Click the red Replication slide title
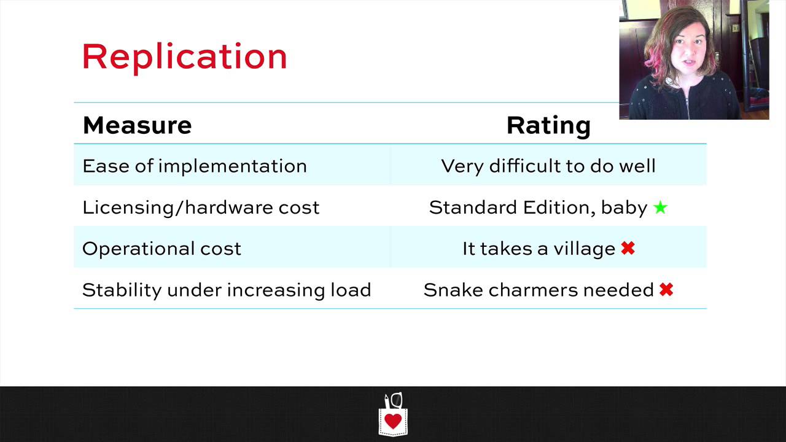185,58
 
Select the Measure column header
137,125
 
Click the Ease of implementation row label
195,166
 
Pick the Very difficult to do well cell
548,166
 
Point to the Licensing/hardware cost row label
201,207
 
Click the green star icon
660,207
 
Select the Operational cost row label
161,249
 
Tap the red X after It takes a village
628,249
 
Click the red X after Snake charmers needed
666,290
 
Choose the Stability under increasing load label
227,290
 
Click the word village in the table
584,249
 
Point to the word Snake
453,290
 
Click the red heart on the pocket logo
393,421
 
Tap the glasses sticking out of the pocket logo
397,400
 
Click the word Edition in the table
559,207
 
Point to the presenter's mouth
688,63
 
